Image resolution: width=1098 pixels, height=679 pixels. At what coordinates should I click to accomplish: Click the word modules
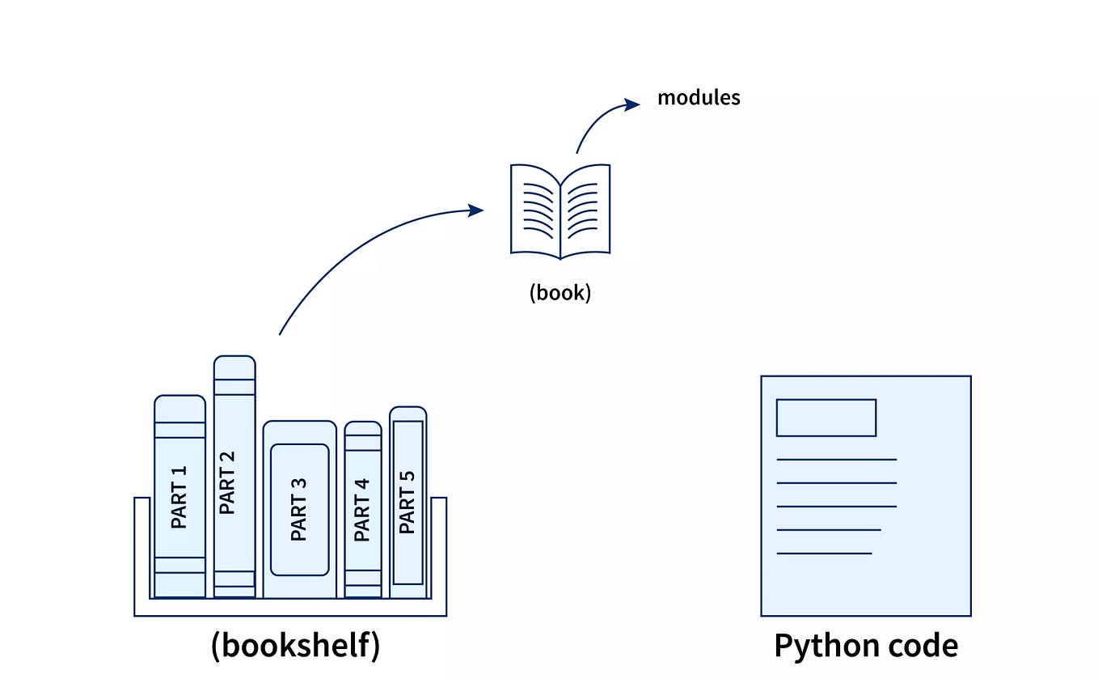point(699,98)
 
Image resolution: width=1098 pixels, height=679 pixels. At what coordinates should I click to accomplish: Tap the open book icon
point(560,211)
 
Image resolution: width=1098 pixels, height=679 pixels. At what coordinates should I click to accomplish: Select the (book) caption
point(560,292)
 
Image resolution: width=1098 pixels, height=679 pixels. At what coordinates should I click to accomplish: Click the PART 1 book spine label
point(179,497)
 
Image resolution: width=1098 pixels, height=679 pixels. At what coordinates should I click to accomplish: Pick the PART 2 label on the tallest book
point(227,482)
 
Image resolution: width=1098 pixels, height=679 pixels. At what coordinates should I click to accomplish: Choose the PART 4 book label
point(361,510)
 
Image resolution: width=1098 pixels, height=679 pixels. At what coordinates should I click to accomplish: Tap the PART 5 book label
point(408,502)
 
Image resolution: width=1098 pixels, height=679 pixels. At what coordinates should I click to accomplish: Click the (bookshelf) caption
point(295,646)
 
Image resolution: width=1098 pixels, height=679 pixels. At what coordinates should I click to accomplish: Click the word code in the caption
point(921,646)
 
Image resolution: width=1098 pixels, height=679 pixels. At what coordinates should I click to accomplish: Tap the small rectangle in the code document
point(826,418)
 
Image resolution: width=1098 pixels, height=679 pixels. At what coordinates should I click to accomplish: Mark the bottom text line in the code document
point(824,554)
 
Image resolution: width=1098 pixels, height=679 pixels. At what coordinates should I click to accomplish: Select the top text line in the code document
point(836,460)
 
